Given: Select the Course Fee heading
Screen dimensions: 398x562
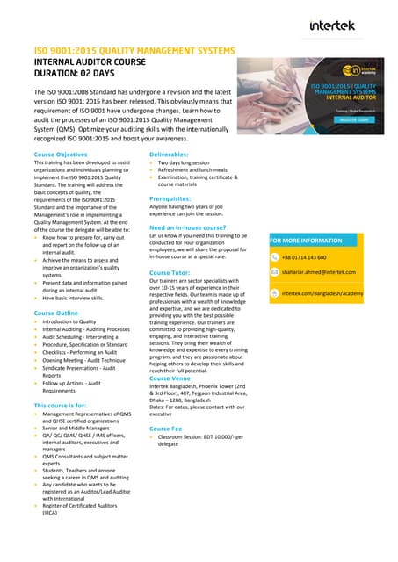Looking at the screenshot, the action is [x=168, y=428].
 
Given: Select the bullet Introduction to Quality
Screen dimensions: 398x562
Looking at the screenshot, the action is [x=69, y=322].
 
